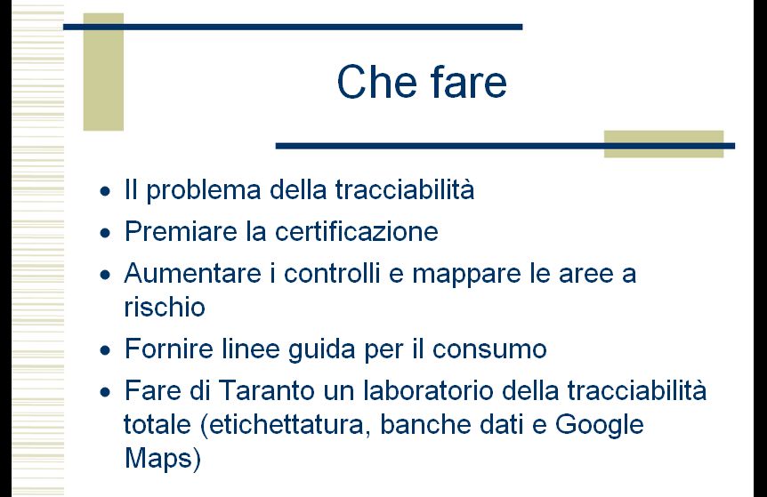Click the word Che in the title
(375, 82)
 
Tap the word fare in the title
(469, 82)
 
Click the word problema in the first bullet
(204, 190)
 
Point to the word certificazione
(357, 231)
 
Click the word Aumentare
(192, 273)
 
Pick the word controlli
(332, 273)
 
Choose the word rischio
(165, 308)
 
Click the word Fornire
(169, 349)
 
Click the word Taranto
(266, 390)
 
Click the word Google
(599, 425)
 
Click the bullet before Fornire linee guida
(105, 350)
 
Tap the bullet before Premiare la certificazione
(105, 233)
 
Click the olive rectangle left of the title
(103, 72)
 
